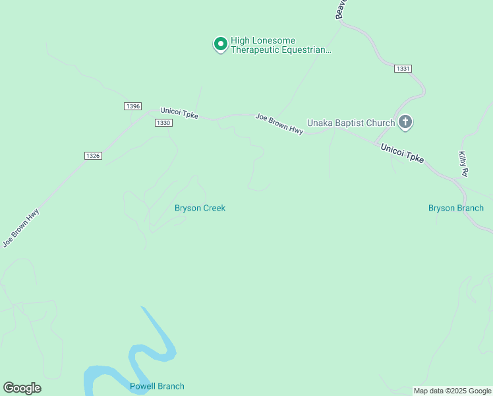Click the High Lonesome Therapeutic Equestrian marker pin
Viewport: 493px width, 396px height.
point(220,44)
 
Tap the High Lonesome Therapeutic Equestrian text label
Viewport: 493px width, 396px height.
point(280,45)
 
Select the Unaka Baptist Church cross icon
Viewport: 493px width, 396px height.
point(405,122)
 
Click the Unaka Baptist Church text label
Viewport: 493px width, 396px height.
point(351,123)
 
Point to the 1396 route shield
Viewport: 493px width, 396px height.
point(132,106)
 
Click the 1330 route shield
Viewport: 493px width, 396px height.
point(163,123)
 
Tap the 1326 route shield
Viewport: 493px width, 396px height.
point(93,156)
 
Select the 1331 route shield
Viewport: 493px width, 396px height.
point(403,69)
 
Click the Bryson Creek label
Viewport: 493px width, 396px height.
point(200,208)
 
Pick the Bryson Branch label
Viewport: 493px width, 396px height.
point(456,208)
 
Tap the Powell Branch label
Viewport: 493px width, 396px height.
point(157,386)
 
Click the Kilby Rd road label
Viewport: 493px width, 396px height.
point(463,163)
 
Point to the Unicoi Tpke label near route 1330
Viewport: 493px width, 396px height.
point(179,114)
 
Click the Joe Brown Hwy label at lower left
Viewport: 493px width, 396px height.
point(21,228)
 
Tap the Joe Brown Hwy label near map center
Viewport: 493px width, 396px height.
point(279,125)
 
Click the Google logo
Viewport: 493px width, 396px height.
point(22,387)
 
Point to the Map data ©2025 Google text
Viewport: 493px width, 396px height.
point(453,391)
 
